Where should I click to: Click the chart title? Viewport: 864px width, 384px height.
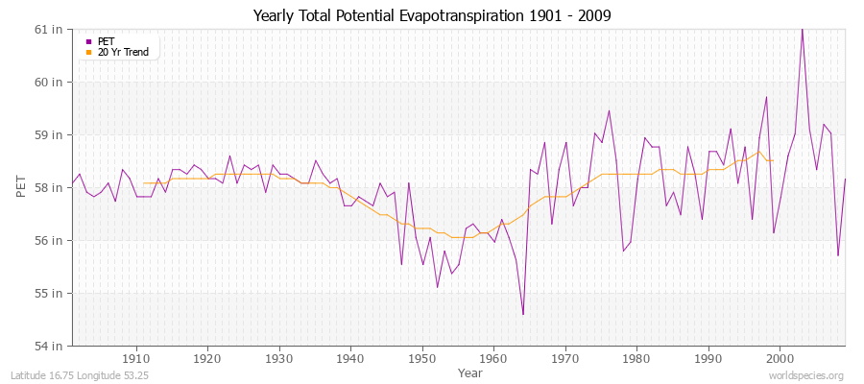tap(431, 15)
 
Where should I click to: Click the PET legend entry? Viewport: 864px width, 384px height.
tap(106, 41)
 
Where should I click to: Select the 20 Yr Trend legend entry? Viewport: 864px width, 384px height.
tap(123, 52)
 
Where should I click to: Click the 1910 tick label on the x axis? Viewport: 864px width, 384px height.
tap(135, 359)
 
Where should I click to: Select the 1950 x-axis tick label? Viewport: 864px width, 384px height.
tap(421, 359)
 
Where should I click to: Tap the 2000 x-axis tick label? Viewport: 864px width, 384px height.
tap(780, 359)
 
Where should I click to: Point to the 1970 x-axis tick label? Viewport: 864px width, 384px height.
tap(564, 359)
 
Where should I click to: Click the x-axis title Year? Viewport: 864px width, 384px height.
tap(470, 372)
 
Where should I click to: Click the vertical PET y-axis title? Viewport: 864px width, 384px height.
tap(22, 187)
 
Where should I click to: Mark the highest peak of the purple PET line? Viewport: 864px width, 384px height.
tap(802, 29)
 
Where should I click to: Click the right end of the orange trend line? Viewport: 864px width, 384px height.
tap(773, 160)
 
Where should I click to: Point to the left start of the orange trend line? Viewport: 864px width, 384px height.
tap(143, 182)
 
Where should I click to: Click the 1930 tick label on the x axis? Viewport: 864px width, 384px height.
tap(278, 359)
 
